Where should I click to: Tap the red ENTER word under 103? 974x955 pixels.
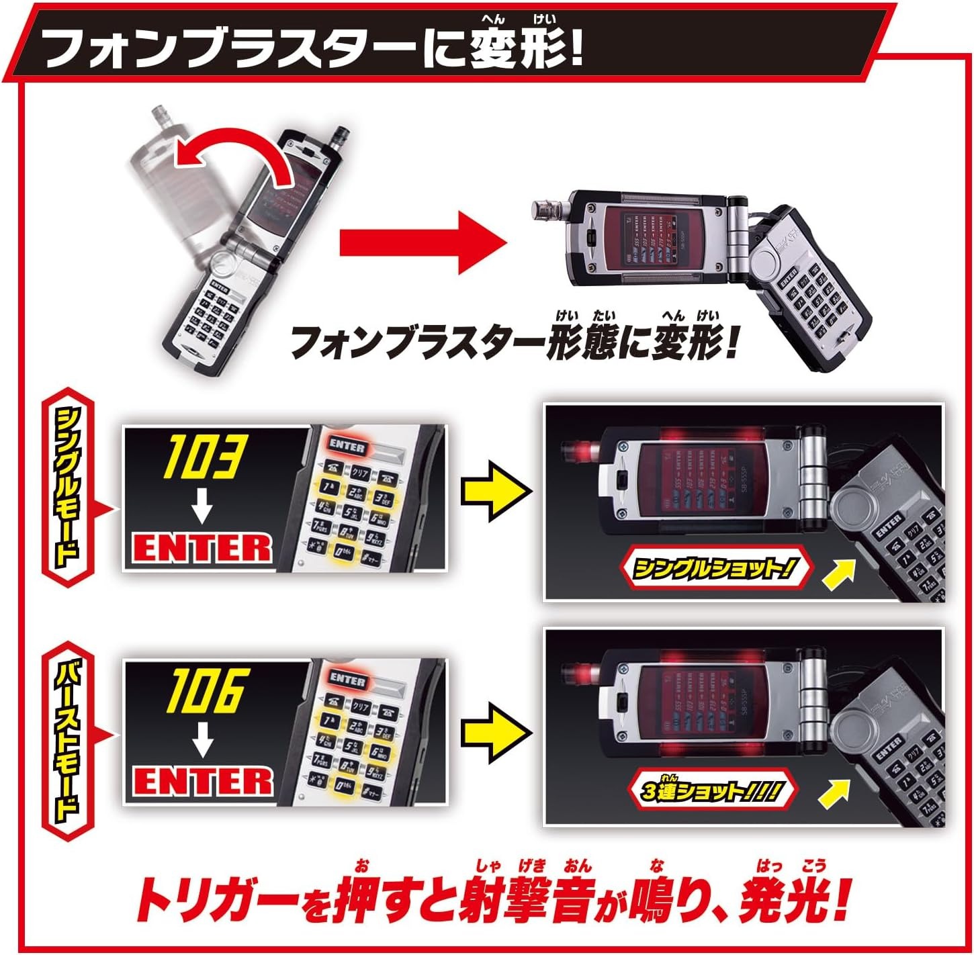202,547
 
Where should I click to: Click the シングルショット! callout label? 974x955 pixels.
715,570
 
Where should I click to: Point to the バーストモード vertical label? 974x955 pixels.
67,725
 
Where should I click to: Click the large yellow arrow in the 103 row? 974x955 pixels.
496,491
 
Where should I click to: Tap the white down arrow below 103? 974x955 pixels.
201,508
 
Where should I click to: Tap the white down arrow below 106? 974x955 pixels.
201,742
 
